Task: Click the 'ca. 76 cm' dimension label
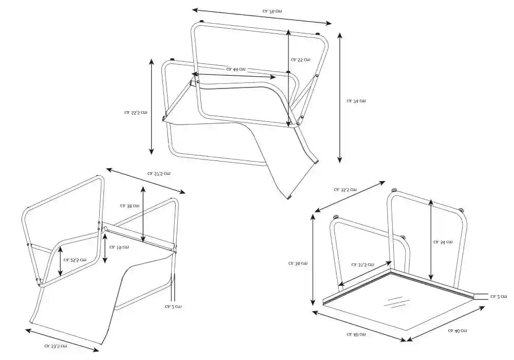pos(272,10)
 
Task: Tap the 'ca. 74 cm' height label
pos(356,101)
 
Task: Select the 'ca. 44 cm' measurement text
pos(235,69)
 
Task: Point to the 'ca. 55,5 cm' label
pos(136,112)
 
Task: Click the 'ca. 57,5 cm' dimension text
pos(159,174)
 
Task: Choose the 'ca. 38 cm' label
pos(130,205)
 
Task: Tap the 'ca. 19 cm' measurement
pos(119,247)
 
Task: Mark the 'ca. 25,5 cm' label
pos(75,260)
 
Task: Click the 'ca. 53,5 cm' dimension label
pos(56,346)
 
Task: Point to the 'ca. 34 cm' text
pos(443,241)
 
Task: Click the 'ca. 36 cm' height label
pos(298,263)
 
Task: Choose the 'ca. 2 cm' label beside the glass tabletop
pos(498,297)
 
